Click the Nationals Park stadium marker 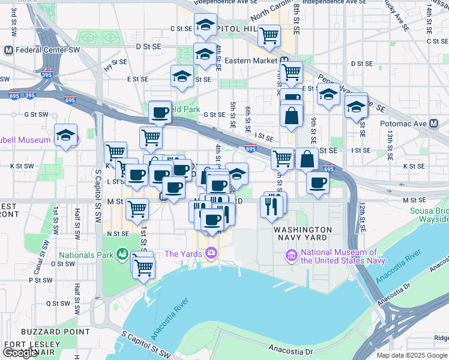(x=122, y=254)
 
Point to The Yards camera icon (x=211, y=254)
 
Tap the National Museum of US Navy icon (x=292, y=256)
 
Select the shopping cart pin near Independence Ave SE (x=270, y=35)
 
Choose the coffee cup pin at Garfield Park (x=160, y=112)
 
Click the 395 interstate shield (x=31, y=95)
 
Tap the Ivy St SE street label (x=115, y=64)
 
